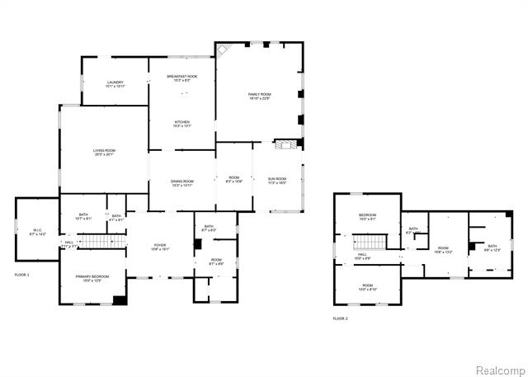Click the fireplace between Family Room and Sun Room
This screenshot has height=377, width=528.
(285, 145)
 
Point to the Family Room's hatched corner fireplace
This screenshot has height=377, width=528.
(223, 50)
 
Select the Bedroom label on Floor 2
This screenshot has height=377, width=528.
(367, 217)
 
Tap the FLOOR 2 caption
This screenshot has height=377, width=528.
(341, 318)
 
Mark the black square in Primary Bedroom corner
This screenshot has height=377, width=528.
(120, 299)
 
